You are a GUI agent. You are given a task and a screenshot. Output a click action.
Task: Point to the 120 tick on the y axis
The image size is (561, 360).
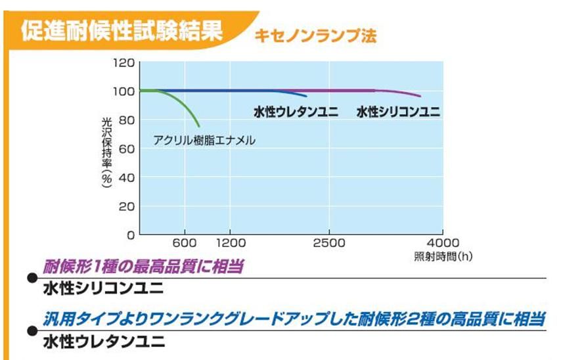coord(125,63)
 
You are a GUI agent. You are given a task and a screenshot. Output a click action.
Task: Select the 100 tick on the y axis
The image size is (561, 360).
coord(125,91)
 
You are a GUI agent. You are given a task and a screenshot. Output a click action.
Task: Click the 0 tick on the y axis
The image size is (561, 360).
coord(130,235)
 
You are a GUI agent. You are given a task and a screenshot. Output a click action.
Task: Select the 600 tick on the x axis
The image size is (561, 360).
coord(186,242)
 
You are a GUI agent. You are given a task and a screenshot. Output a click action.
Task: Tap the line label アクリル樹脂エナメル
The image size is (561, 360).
coord(204,139)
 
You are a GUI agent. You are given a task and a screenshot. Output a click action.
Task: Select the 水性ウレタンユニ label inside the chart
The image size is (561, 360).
coord(296,112)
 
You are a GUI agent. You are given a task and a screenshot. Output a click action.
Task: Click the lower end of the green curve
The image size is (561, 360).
coord(199,126)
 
